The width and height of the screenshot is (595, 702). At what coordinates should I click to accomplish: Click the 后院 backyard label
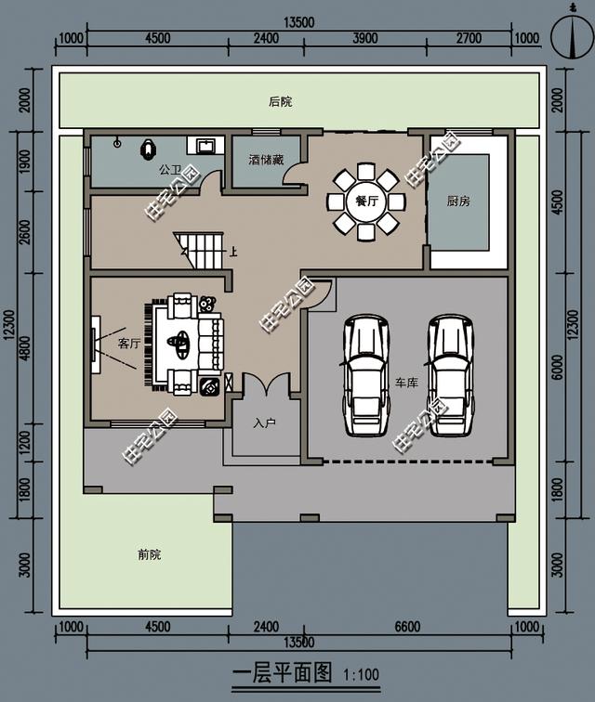[x=280, y=101]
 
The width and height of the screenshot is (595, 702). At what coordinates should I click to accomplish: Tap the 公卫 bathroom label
[x=169, y=170]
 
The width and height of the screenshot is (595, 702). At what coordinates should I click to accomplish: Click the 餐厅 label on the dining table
[x=366, y=201]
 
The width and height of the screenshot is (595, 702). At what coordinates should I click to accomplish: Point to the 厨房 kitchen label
[x=459, y=201]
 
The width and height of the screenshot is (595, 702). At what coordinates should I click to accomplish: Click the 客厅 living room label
[x=128, y=344]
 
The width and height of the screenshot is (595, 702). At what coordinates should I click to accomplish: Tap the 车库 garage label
[x=406, y=382]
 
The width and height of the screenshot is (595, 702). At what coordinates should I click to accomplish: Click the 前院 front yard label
[x=149, y=554]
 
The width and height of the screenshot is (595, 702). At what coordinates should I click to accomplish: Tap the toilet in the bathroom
[x=148, y=148]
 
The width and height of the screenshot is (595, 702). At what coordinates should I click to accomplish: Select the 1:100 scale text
[x=362, y=675]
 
